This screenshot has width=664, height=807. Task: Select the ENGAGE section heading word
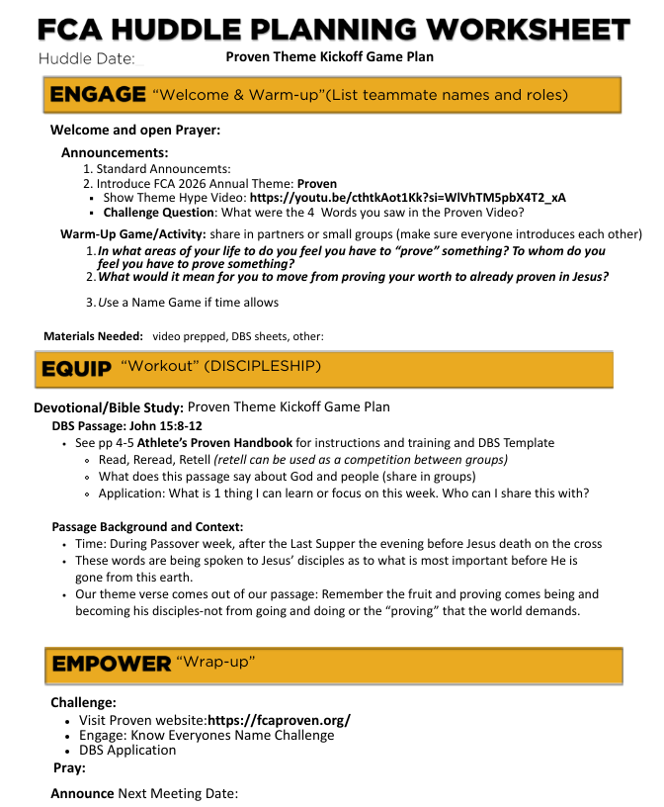coord(98,95)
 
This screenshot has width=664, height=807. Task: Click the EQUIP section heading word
coord(76,368)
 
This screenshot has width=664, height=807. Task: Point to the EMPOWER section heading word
coord(112,664)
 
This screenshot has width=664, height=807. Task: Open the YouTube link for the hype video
coord(408,198)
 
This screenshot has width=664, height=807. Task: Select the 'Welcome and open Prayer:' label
coord(135,131)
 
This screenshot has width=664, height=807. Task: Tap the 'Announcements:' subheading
coord(115,152)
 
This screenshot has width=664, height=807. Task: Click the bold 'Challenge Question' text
coord(159,213)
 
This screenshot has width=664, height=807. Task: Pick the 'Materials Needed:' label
coord(94,336)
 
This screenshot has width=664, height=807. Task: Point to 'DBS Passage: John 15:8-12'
coord(119,426)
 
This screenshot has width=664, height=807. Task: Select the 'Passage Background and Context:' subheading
coord(147,527)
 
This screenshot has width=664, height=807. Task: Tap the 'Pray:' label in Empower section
coord(69,767)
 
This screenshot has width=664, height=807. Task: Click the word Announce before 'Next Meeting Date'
coord(82,793)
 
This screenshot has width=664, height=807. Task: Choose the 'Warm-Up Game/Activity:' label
coord(132,234)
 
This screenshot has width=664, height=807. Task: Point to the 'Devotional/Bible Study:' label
coord(109,407)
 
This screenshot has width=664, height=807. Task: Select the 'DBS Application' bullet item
coord(127,750)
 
